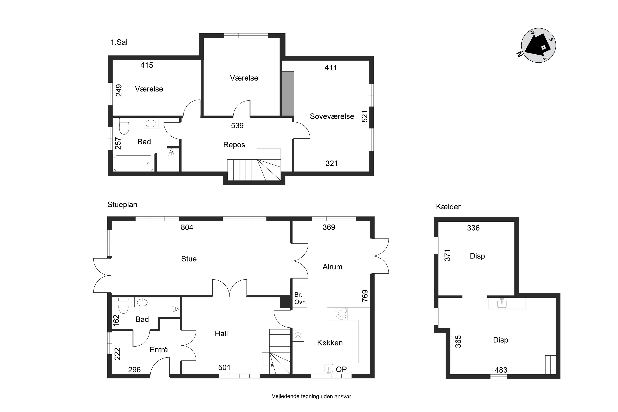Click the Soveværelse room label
pos(332,116)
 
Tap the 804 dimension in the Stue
pos(187,227)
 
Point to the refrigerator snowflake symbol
pos(298,336)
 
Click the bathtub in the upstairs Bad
pos(134,163)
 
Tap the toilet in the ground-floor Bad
pos(123,305)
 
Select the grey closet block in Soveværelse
pos(288,94)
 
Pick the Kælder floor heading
pos(448,207)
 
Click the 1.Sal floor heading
pos(119,42)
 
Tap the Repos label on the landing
pos(234,145)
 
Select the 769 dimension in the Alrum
pos(365,296)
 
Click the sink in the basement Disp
pos(502,303)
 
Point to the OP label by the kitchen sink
pos(341,369)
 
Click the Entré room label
pos(159,350)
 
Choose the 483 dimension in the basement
pos(501,370)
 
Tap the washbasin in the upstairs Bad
pos(151,123)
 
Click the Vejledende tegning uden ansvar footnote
pos(312,396)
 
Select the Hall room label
pos(221,334)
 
